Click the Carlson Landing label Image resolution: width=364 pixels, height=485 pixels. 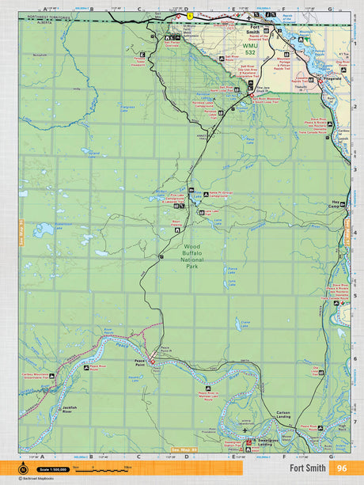[283, 415]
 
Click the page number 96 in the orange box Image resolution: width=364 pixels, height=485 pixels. [341, 468]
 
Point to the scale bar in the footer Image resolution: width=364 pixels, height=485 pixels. [108, 469]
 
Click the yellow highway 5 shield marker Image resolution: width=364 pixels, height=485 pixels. [190, 15]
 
